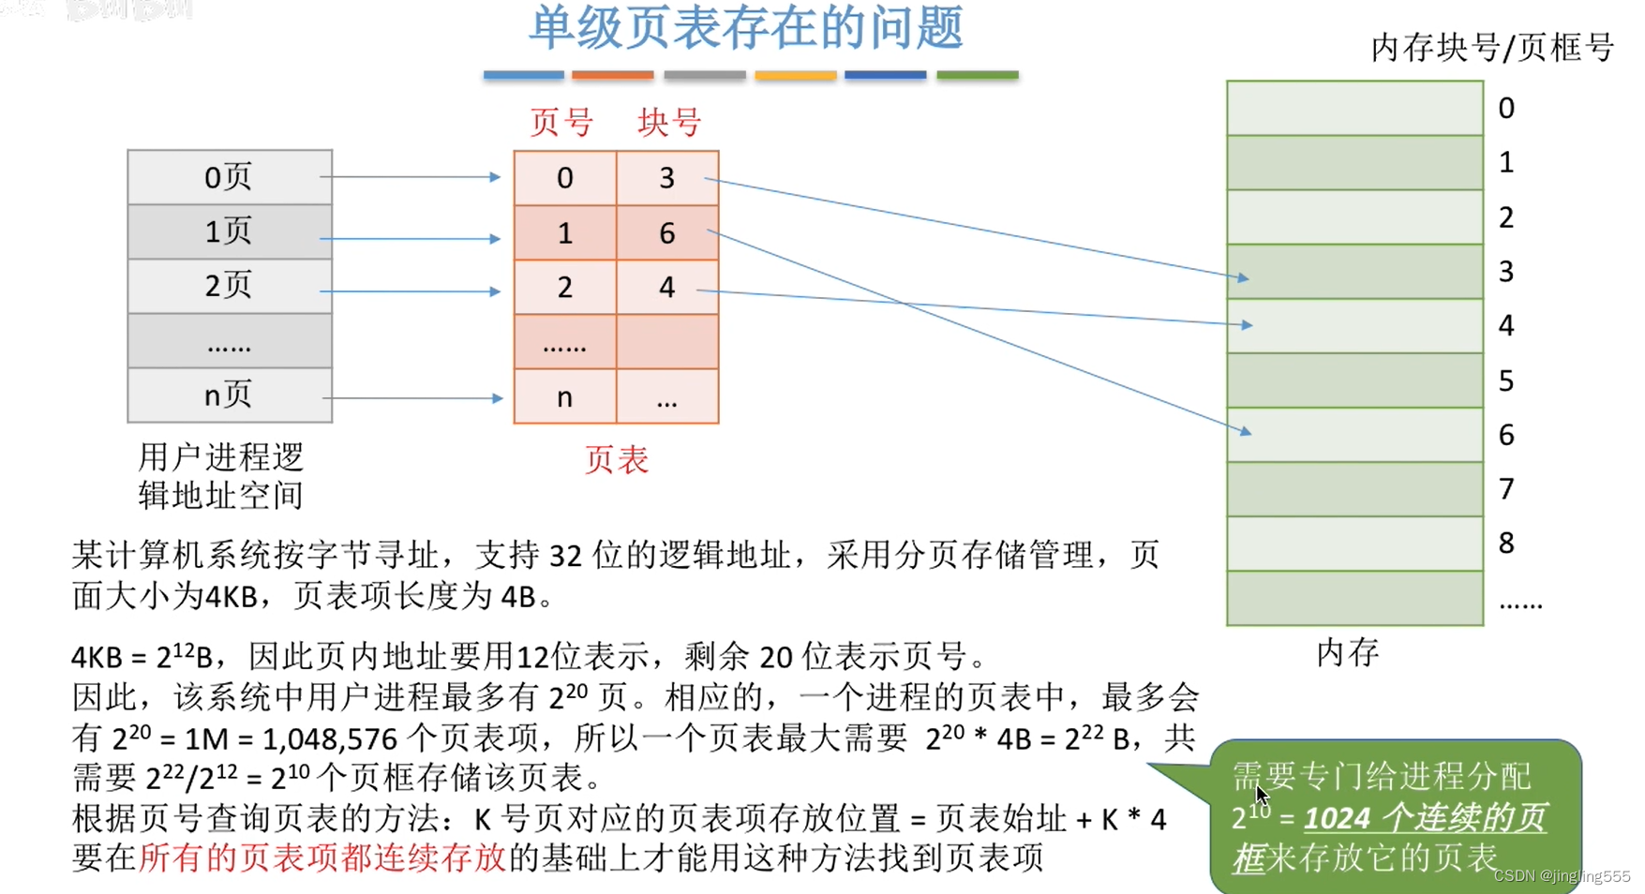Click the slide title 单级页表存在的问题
pyautogui.click(x=746, y=28)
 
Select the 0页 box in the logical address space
pyautogui.click(x=230, y=177)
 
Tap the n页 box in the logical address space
pyautogui.click(x=230, y=395)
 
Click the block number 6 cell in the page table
pyautogui.click(x=666, y=233)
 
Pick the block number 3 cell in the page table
pyautogui.click(x=666, y=178)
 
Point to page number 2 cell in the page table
pyautogui.click(x=564, y=287)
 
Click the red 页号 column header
pyautogui.click(x=561, y=123)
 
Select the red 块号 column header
pyautogui.click(x=669, y=123)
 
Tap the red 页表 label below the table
pyautogui.click(x=616, y=460)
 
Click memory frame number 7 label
pyautogui.click(x=1506, y=489)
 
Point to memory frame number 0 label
pyautogui.click(x=1506, y=109)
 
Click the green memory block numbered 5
pyautogui.click(x=1354, y=380)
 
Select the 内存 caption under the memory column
pyautogui.click(x=1347, y=653)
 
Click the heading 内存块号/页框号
pyautogui.click(x=1492, y=48)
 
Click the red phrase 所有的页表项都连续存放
pyautogui.click(x=322, y=857)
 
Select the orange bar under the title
pyautogui.click(x=612, y=75)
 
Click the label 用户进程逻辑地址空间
pyautogui.click(x=221, y=476)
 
